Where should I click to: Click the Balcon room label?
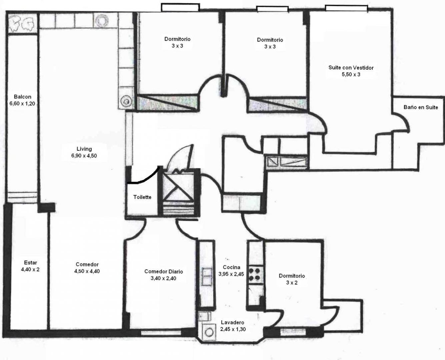(x=22, y=97)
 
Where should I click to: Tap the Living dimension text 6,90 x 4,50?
(x=84, y=156)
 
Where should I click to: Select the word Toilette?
(x=142, y=197)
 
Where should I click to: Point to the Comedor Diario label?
(x=164, y=271)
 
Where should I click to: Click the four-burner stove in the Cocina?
(x=256, y=274)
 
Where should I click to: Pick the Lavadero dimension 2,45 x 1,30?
(x=233, y=329)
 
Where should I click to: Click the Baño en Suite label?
(x=421, y=107)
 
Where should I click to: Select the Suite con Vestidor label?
(x=351, y=67)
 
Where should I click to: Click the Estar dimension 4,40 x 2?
(x=30, y=269)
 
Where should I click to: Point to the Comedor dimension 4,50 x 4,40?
(x=87, y=271)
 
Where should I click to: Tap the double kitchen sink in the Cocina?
(x=206, y=276)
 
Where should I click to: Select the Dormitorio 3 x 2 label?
(x=292, y=279)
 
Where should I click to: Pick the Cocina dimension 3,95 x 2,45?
(x=231, y=274)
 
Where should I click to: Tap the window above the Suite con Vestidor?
(x=346, y=8)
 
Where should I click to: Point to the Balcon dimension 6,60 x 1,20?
(x=22, y=103)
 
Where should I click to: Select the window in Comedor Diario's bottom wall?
(x=161, y=332)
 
